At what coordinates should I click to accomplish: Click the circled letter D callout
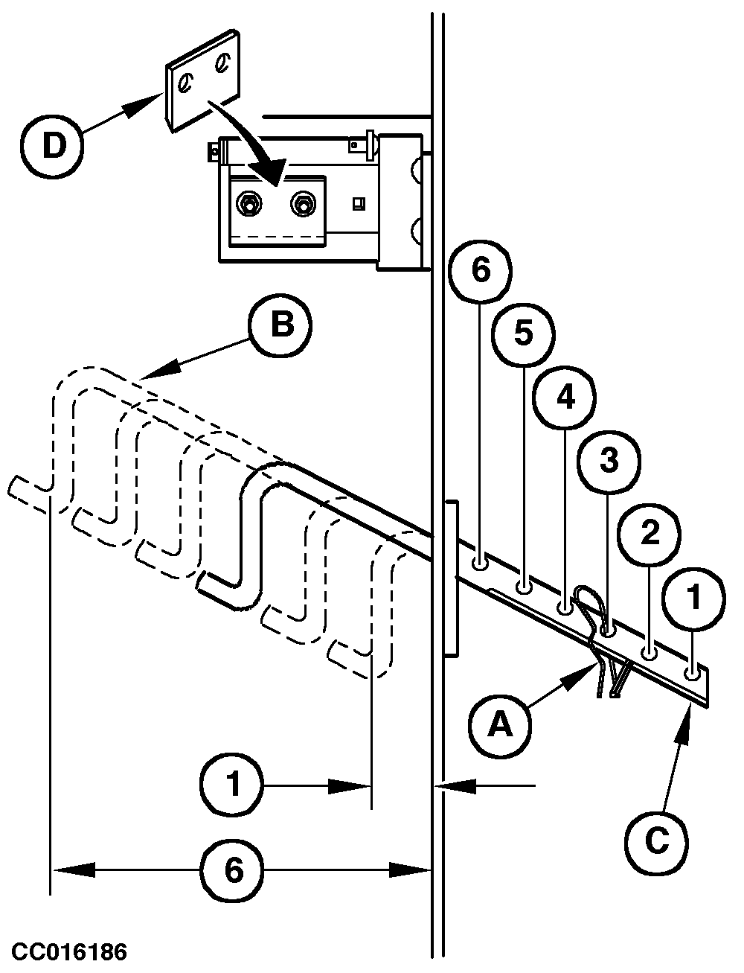pyautogui.click(x=52, y=146)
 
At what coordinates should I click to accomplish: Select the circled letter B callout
pyautogui.click(x=280, y=325)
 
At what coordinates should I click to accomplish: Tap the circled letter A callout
pyautogui.click(x=500, y=723)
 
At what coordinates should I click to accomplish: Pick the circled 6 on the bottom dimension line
pyautogui.click(x=234, y=869)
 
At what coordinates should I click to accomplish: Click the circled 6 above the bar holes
pyautogui.click(x=481, y=271)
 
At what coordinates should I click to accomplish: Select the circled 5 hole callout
pyautogui.click(x=524, y=334)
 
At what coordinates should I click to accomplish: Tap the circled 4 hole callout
pyautogui.click(x=565, y=398)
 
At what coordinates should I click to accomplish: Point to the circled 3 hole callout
pyautogui.click(x=608, y=461)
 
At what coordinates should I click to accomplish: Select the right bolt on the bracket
pyautogui.click(x=302, y=202)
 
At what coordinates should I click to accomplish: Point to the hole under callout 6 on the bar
pyautogui.click(x=481, y=561)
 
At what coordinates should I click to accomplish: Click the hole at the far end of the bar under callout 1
pyautogui.click(x=693, y=673)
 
